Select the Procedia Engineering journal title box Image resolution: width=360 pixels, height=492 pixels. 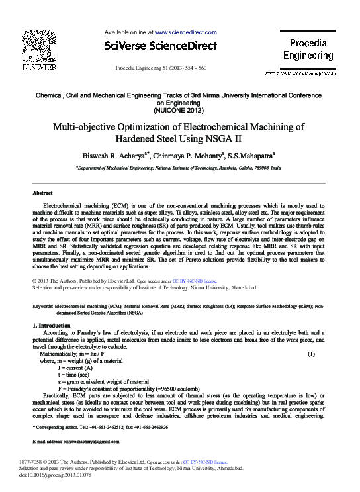(308, 50)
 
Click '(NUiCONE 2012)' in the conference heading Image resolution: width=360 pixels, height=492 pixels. (180, 110)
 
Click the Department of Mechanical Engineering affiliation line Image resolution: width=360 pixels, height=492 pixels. (179, 169)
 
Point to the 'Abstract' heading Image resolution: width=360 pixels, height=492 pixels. (42, 193)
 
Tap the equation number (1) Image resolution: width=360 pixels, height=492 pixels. (311, 355)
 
